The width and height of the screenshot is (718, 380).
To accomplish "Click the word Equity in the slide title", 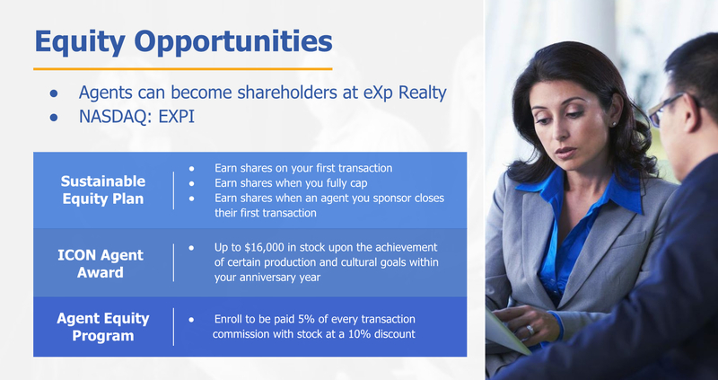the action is [79, 41].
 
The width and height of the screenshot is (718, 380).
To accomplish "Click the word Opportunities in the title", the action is [233, 41].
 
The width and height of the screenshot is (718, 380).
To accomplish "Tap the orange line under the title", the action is [183, 69].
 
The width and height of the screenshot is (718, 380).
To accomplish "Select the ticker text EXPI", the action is [176, 117].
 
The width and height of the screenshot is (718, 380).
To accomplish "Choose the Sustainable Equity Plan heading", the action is [103, 190].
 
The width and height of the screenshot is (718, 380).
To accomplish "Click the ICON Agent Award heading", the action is [101, 263].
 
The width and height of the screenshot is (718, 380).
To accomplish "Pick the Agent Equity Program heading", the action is [103, 327].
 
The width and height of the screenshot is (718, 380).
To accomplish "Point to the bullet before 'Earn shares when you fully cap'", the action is [191, 183].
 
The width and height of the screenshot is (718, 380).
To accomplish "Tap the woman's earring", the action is [614, 124].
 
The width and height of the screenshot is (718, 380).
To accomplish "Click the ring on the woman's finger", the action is [530, 329].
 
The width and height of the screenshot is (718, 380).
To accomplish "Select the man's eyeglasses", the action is [670, 109].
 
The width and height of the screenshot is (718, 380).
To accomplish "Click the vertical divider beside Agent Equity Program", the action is [173, 327].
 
